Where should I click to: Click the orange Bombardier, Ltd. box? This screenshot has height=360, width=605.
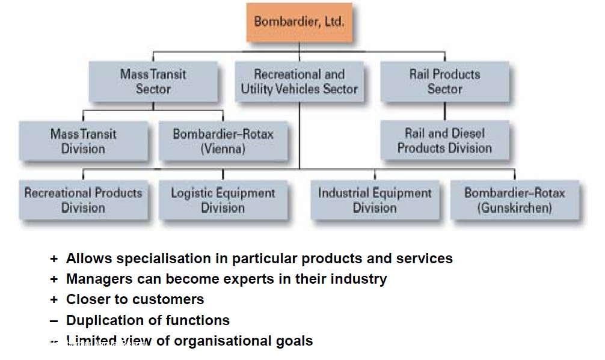pos(298,22)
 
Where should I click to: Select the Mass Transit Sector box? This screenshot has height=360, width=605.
pos(153,82)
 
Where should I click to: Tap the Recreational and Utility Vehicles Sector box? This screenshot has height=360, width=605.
pos(299,82)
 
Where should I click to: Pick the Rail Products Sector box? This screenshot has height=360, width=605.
pos(444,82)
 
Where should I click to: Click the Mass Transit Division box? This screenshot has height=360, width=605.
pos(83,141)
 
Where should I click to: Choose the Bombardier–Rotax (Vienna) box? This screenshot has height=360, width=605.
pos(223,141)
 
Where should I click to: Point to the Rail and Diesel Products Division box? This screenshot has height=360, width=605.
pos(444,141)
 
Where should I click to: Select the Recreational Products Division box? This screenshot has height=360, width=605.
pos(83,200)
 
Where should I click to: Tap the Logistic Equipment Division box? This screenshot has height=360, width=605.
pos(223,200)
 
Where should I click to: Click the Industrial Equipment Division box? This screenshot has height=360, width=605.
pos(375,200)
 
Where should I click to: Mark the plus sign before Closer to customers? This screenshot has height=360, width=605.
pos(54,299)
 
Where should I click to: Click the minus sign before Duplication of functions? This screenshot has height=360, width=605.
pos(54,320)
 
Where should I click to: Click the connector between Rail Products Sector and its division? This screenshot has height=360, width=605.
pos(444,111)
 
